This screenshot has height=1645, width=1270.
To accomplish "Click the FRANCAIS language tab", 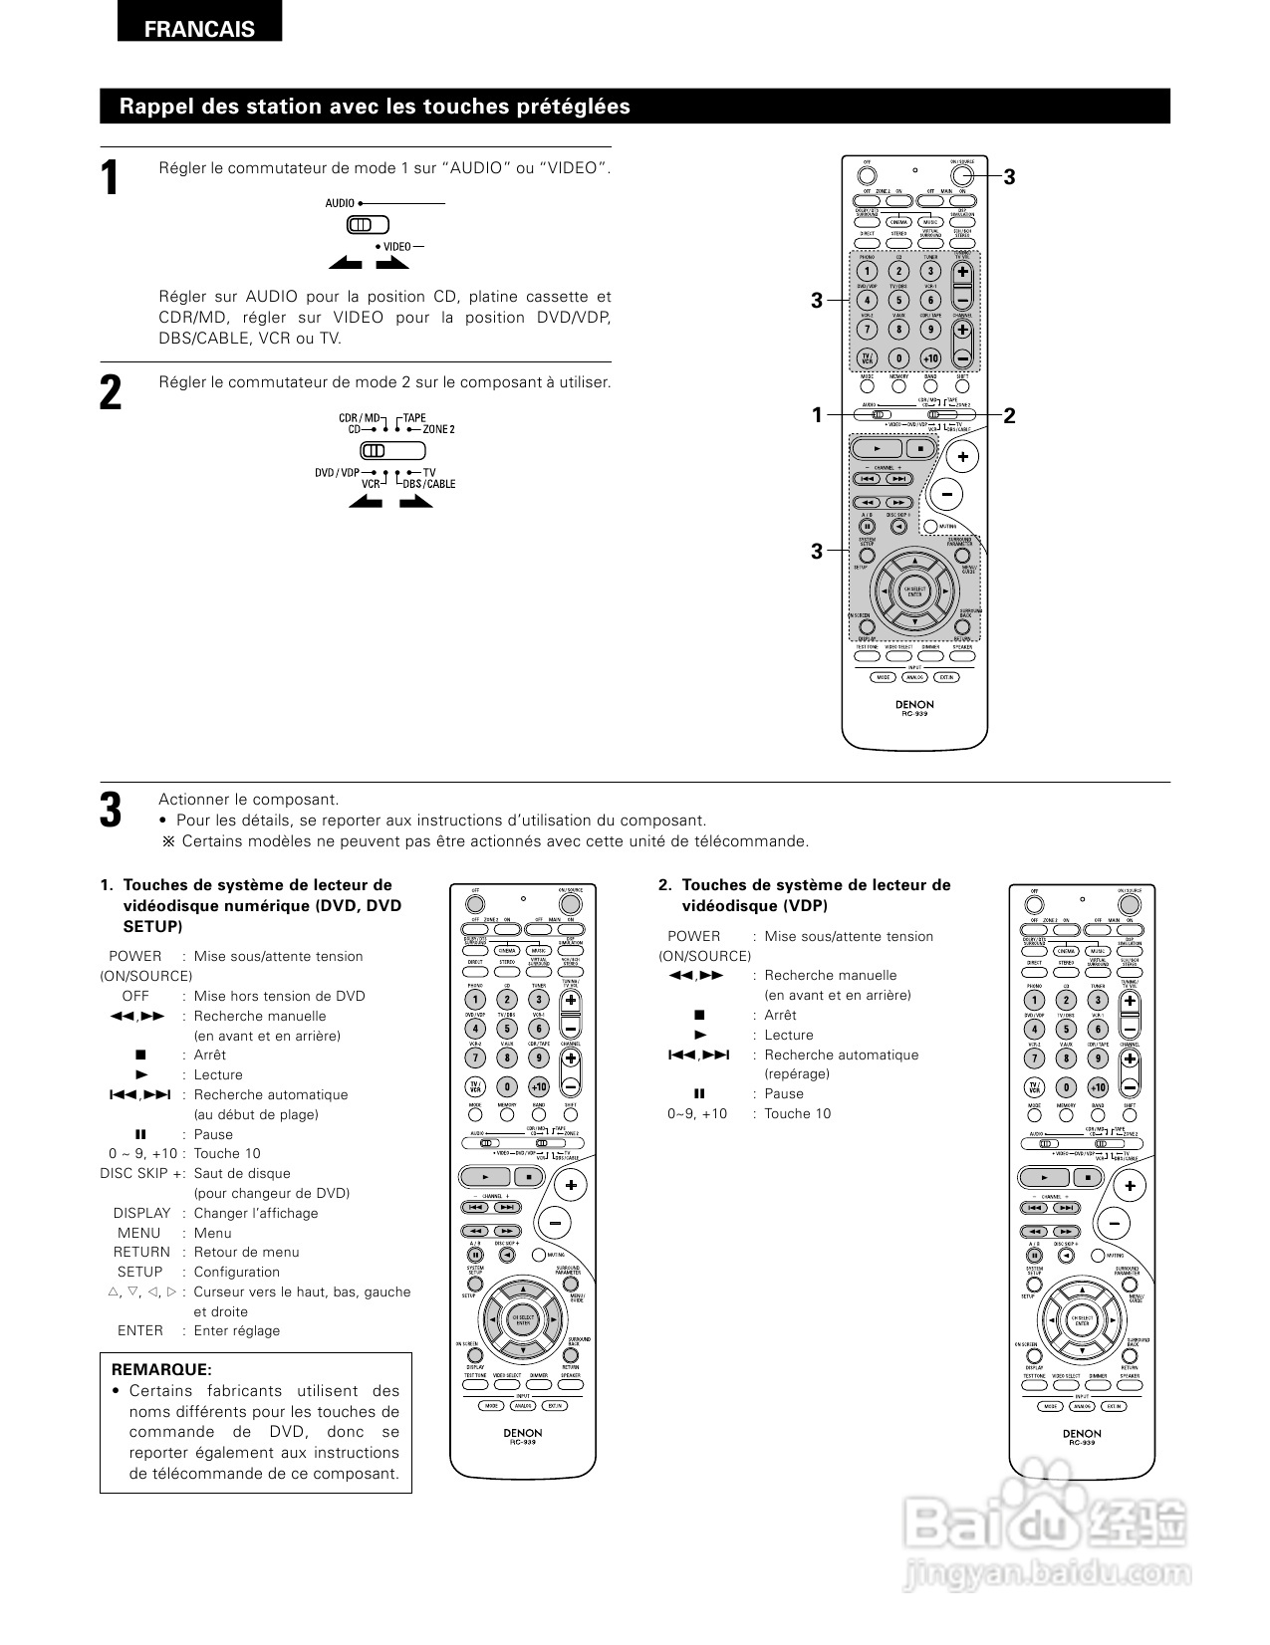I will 199,29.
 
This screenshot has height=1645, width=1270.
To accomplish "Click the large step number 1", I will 112,178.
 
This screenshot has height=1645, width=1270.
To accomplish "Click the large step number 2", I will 112,392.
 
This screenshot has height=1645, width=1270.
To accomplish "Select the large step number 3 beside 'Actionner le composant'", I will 112,810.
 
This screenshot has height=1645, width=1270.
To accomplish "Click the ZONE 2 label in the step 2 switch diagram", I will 438,429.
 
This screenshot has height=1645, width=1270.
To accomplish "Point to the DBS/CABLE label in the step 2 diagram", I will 429,484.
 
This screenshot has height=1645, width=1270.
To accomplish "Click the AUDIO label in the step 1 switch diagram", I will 340,203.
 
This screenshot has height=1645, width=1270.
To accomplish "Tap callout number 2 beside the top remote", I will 1009,415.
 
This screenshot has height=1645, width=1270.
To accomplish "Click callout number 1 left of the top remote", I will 817,415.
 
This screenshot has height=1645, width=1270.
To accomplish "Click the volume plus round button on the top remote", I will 962,457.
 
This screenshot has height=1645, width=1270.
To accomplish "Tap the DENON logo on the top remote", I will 914,704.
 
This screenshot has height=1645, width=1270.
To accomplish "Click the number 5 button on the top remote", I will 898,300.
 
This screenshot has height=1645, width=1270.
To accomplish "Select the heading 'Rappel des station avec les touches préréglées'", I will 375,107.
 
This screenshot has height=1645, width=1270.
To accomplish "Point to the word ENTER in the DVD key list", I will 140,1330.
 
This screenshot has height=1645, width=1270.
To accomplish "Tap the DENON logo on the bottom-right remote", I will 1082,1434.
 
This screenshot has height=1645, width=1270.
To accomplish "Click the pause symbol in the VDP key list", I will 699,1093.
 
